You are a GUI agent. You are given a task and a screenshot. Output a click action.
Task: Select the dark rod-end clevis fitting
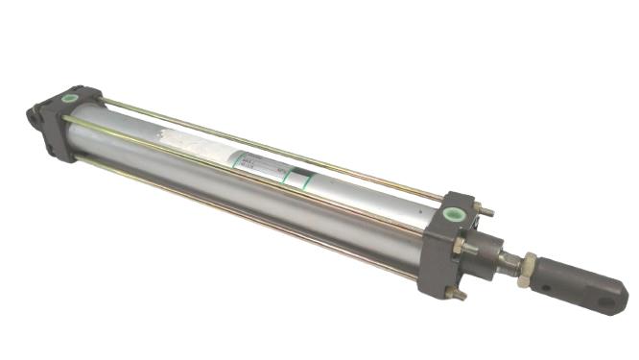click(587, 286)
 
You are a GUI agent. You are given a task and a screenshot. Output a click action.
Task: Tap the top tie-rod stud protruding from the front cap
click(487, 211)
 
